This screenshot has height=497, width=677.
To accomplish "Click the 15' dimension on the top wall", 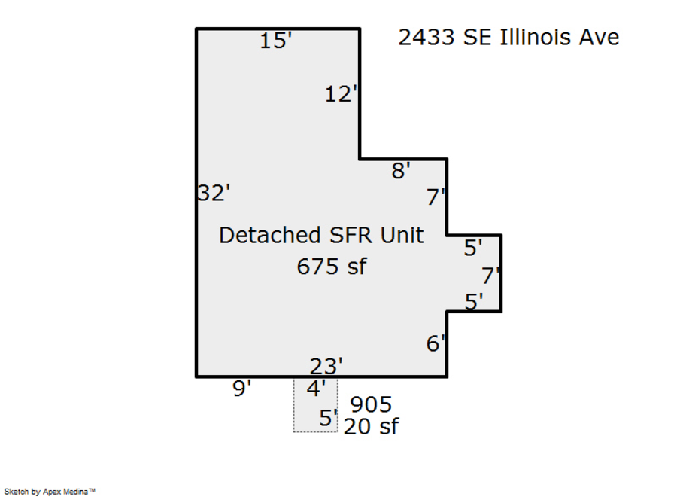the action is [x=276, y=41].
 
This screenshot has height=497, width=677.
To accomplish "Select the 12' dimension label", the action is [x=341, y=94].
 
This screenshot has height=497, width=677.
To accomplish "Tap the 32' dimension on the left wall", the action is [x=214, y=193].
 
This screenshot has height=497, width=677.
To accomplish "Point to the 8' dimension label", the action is [x=401, y=170].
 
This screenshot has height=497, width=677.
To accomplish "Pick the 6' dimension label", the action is [x=436, y=343].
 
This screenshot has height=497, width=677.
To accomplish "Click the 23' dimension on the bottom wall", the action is [x=326, y=367].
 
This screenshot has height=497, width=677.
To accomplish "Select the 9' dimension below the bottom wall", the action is [x=241, y=388].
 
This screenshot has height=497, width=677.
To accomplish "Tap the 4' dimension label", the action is [x=316, y=388].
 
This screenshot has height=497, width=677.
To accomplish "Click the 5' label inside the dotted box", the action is [x=328, y=418].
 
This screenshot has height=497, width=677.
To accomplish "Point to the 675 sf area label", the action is [x=332, y=267].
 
